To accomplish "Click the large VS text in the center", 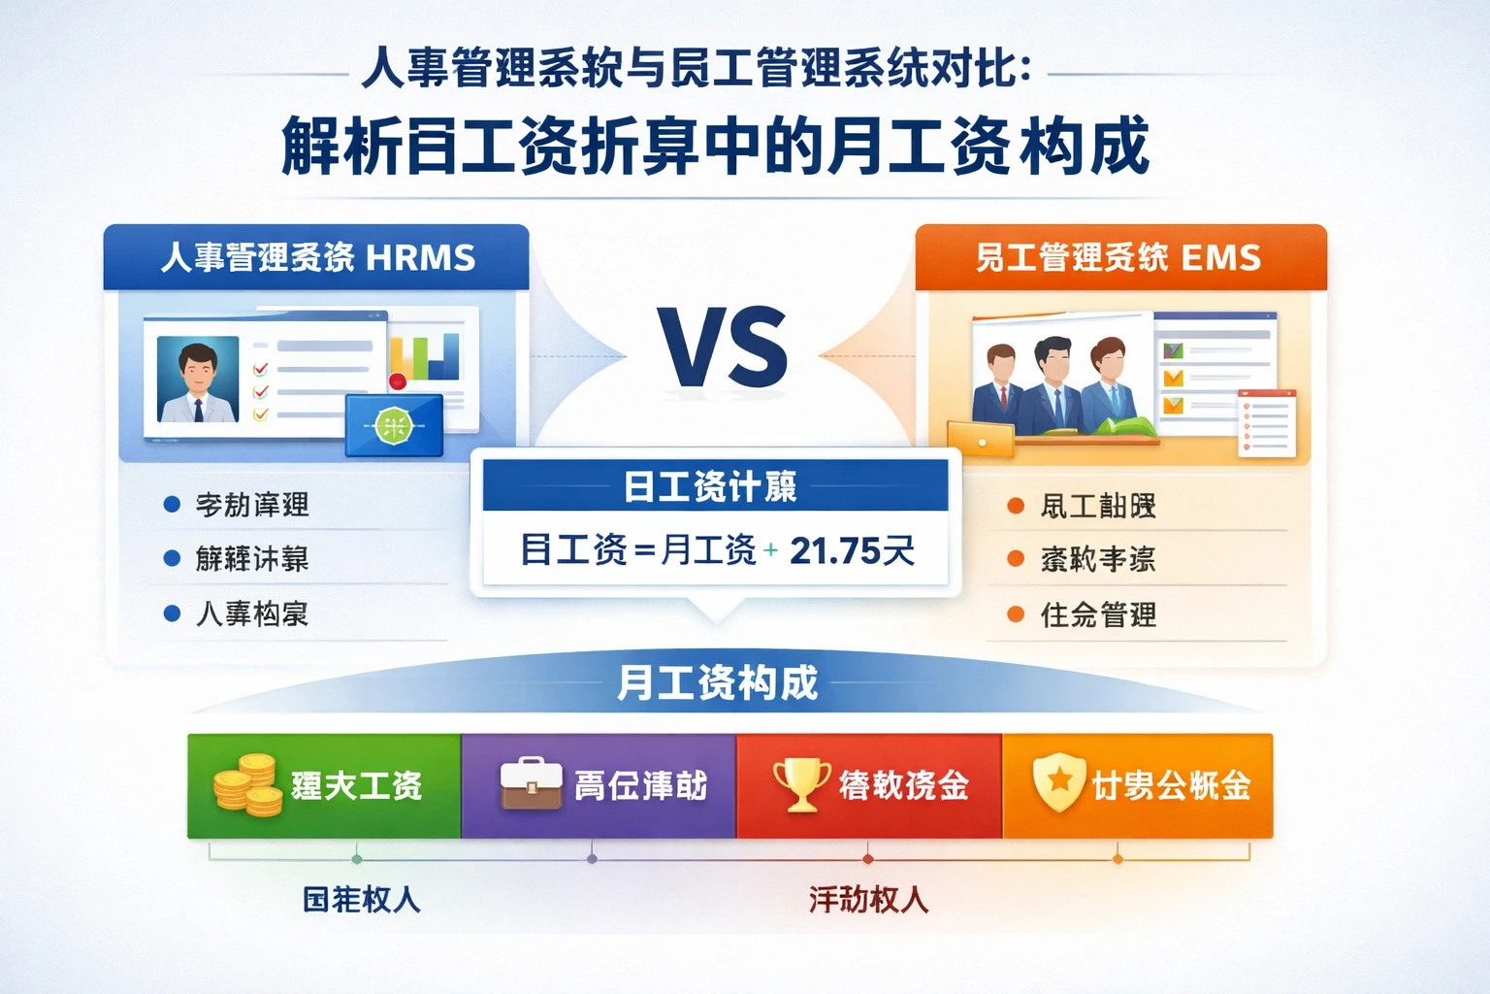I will (724, 348).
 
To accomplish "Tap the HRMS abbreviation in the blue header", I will (421, 258).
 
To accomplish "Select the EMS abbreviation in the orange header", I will (1220, 258).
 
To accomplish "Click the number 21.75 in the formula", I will (833, 550).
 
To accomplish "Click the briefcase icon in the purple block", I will (531, 784).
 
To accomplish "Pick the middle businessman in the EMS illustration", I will (1053, 382).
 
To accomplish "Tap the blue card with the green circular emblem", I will (395, 425).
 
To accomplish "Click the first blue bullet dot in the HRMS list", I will (173, 505).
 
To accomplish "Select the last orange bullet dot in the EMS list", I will (1016, 614).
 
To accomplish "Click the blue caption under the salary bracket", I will (362, 900).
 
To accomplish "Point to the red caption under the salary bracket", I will (868, 900).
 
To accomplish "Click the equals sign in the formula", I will (643, 551).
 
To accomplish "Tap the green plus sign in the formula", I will (770, 550).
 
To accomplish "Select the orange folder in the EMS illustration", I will (981, 439).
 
